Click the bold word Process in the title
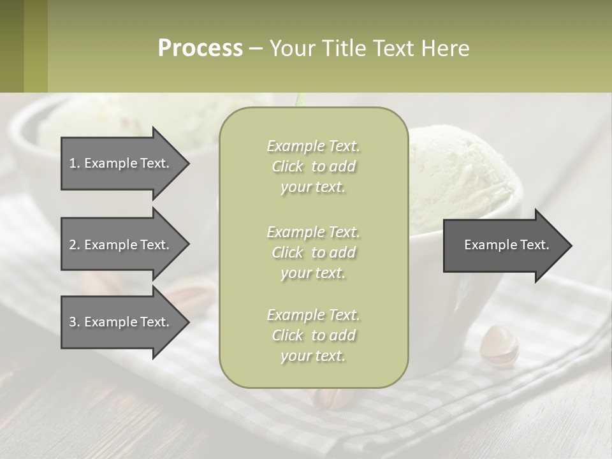coord(200,48)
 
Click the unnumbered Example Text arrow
coord(506,245)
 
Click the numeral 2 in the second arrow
coord(72,245)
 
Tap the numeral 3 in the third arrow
coord(72,322)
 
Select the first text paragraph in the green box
coord(313,166)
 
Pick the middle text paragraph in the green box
coord(313,252)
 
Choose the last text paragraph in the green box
coord(313,335)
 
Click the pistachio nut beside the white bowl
coord(499,346)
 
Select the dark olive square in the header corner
coord(11,46)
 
